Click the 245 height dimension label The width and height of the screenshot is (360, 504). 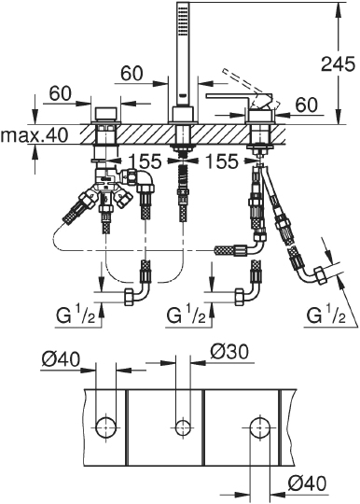339,63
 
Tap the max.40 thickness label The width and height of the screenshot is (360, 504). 35,135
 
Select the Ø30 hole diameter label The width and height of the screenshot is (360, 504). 229,352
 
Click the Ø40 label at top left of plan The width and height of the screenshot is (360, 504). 61,358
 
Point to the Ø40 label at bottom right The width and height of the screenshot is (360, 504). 307,483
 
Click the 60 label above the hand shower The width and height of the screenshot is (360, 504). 132,74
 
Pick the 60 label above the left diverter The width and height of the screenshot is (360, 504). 60,93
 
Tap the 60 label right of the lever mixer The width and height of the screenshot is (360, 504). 307,105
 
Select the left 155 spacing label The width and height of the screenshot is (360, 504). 145,161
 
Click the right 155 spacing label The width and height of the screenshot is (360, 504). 222,161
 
